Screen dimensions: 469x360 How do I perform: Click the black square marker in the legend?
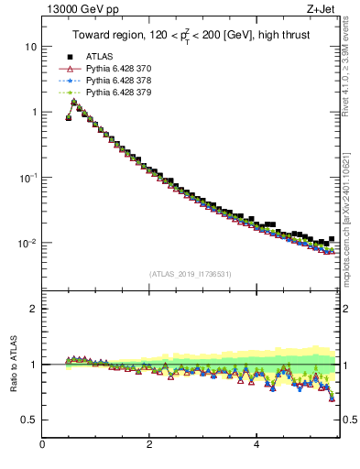tap(69, 57)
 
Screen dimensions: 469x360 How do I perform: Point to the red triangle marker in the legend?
tap(69, 69)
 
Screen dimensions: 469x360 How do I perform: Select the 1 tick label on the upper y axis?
tap(34, 112)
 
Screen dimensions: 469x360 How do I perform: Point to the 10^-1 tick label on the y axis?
tap(28, 177)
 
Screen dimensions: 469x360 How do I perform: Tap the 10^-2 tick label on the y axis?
tap(28, 243)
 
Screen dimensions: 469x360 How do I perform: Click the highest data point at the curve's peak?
tap(74, 102)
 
